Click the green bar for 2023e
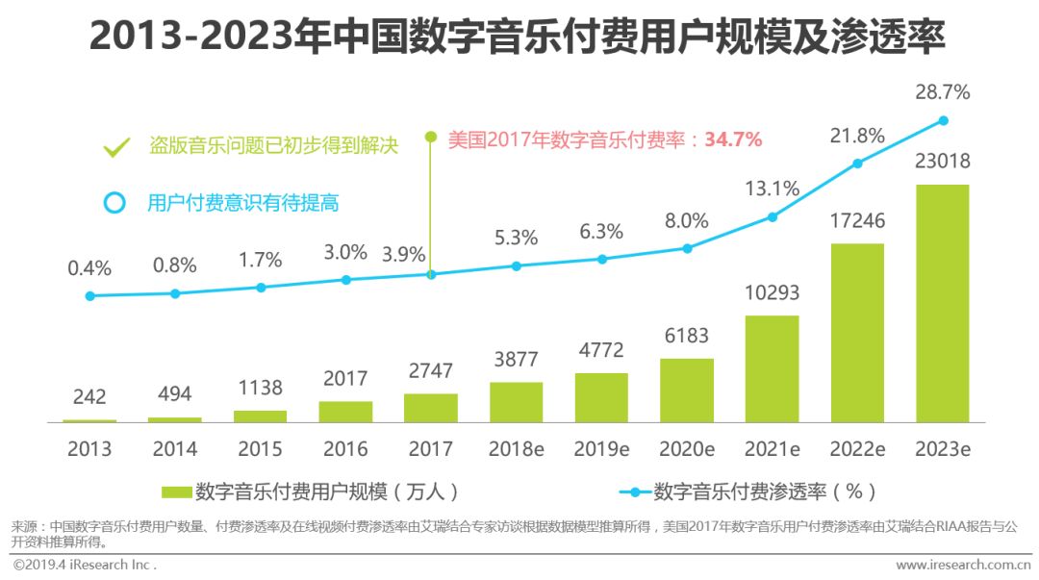pyautogui.click(x=942, y=303)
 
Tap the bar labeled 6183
pyautogui.click(x=686, y=390)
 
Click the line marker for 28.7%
pyautogui.click(x=943, y=120)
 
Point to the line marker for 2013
pyautogui.click(x=90, y=296)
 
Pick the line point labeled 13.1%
pyautogui.click(x=772, y=217)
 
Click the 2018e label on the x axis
pyautogui.click(x=517, y=449)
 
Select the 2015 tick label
pyautogui.click(x=261, y=449)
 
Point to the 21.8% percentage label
pyautogui.click(x=856, y=137)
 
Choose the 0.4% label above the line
pyautogui.click(x=89, y=268)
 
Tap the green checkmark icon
pyautogui.click(x=116, y=147)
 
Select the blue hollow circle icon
pyautogui.click(x=115, y=203)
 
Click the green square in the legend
pyautogui.click(x=176, y=492)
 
